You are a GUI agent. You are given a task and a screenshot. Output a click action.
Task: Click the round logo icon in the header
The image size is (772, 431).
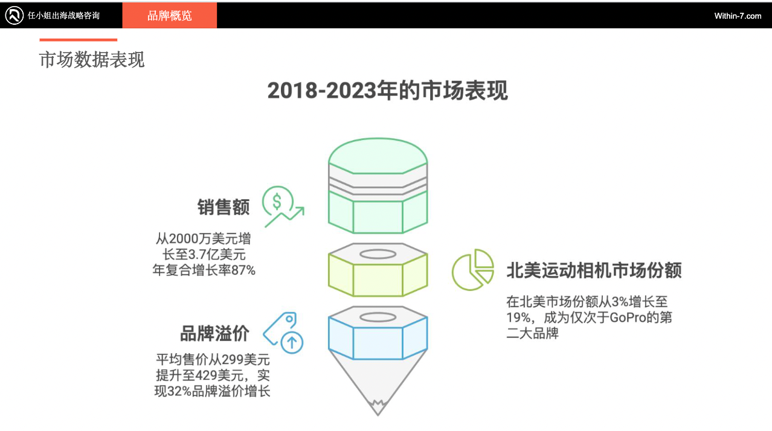pyautogui.click(x=14, y=16)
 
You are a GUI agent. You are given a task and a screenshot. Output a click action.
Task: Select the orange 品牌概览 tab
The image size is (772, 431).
pyautogui.click(x=170, y=16)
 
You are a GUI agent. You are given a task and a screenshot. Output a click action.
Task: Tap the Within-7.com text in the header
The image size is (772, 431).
pyautogui.click(x=738, y=16)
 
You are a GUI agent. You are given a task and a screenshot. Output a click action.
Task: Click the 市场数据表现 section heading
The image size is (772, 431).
pyautogui.click(x=92, y=60)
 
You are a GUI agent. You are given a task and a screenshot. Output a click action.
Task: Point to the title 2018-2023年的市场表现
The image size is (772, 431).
pyautogui.click(x=387, y=91)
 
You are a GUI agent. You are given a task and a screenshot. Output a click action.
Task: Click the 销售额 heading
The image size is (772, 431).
pyautogui.click(x=224, y=207)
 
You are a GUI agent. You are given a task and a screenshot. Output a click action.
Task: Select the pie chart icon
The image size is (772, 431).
pyautogui.click(x=472, y=270)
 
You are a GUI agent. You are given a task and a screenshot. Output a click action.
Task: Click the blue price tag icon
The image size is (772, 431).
pyautogui.click(x=284, y=333)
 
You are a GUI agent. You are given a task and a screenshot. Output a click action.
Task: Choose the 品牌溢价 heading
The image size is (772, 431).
pyautogui.click(x=214, y=333)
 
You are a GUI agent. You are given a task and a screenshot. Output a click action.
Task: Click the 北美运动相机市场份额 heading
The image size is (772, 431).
pyautogui.click(x=594, y=270)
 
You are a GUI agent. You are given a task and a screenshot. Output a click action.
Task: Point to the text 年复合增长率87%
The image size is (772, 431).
pyautogui.click(x=204, y=270)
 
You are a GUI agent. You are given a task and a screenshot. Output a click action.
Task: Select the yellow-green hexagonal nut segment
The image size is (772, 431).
pyautogui.click(x=378, y=275)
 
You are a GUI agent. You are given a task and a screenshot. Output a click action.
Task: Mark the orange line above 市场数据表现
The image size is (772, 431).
pyautogui.click(x=78, y=40)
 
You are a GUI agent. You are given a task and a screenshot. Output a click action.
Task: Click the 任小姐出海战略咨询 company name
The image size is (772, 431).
pyautogui.click(x=63, y=16)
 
